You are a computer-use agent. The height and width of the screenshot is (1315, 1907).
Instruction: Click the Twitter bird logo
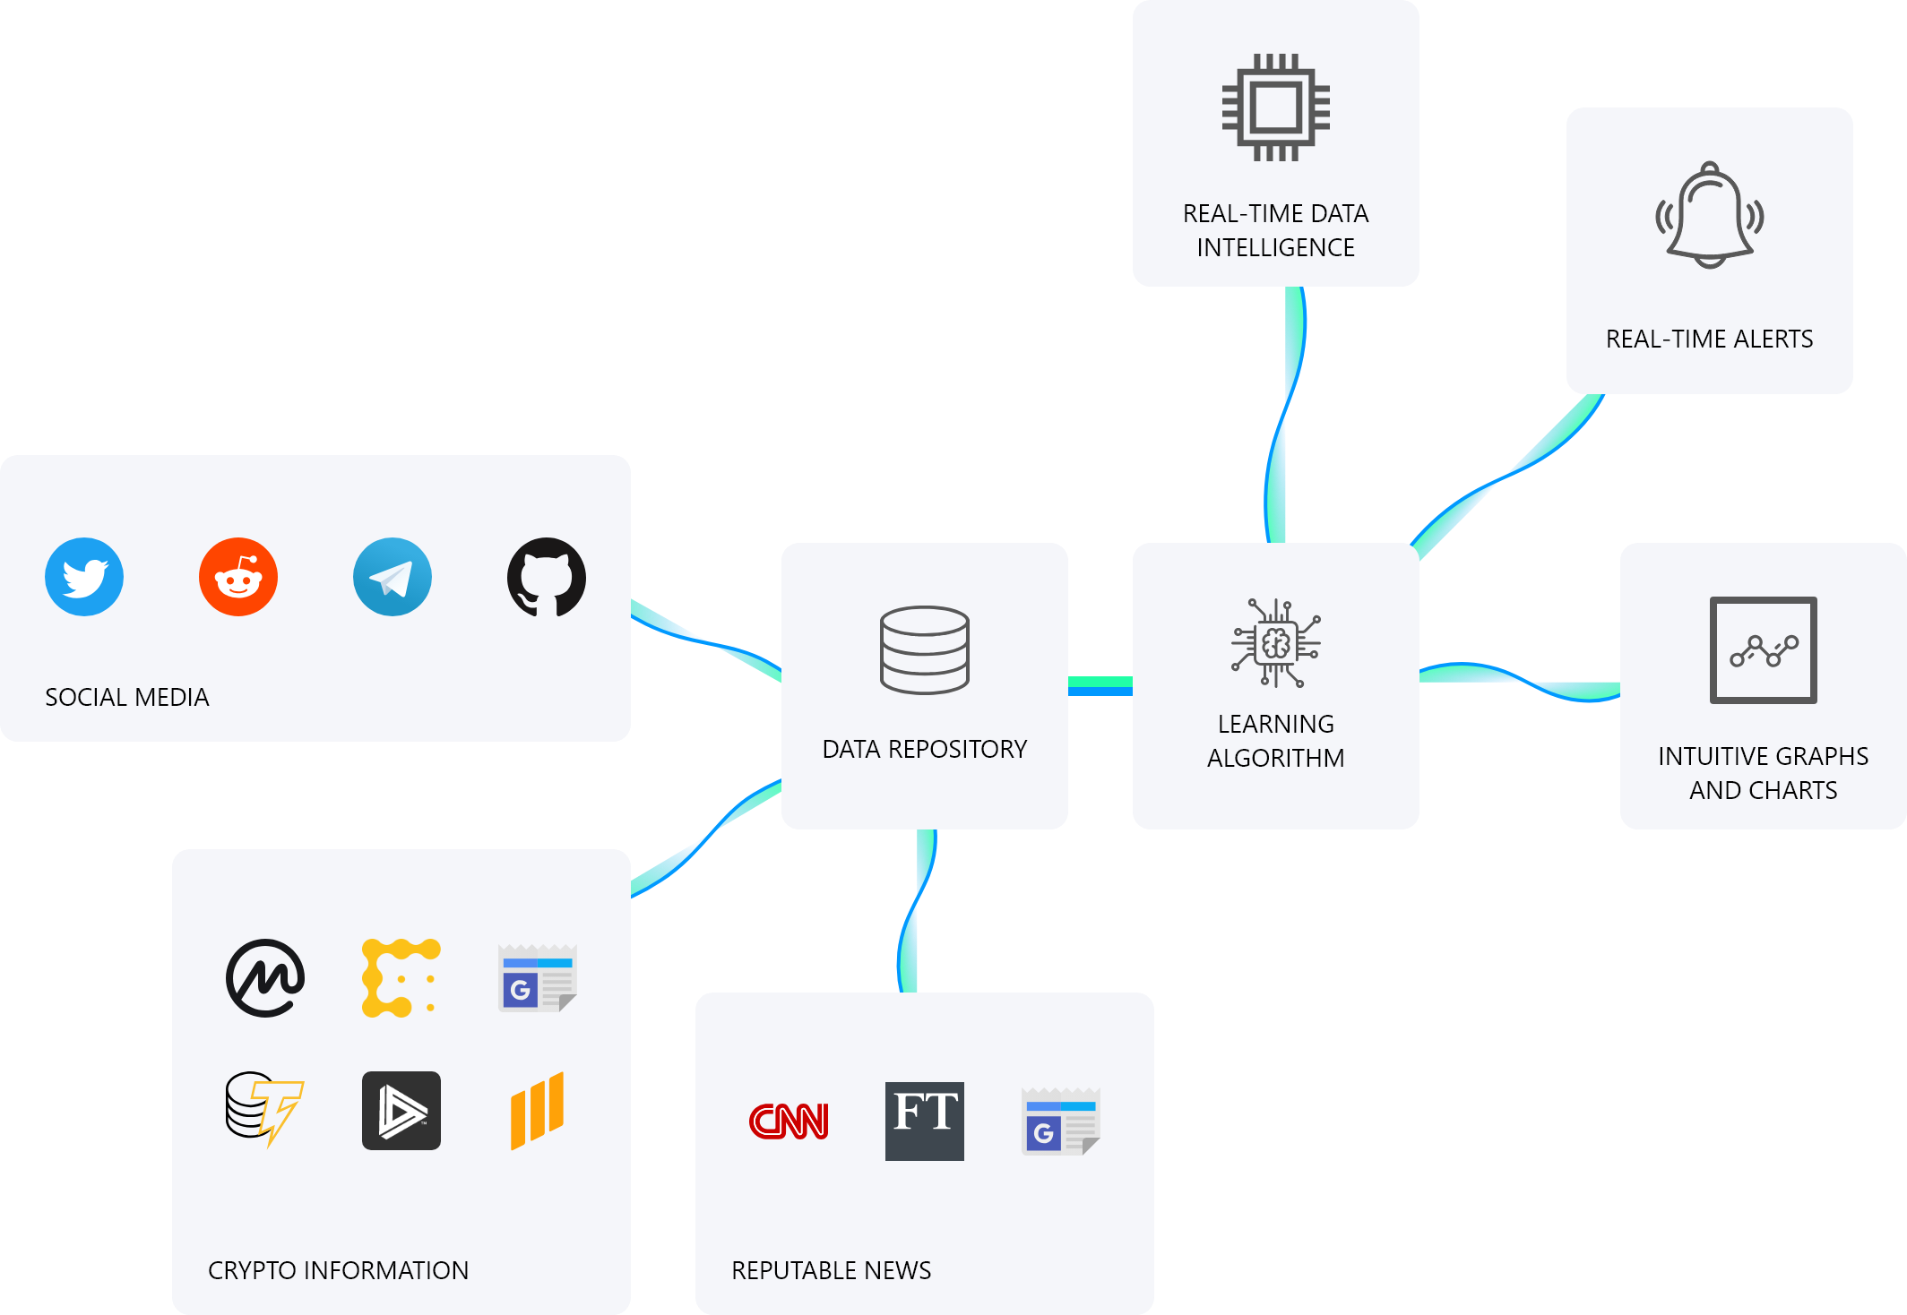[x=84, y=577]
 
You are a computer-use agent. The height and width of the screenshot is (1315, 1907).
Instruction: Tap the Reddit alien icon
[x=238, y=577]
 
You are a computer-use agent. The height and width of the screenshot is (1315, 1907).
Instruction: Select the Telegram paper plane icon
[x=393, y=577]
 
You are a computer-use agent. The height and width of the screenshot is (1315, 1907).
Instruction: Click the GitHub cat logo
[x=547, y=577]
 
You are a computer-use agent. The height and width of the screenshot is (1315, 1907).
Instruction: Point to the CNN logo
[x=789, y=1121]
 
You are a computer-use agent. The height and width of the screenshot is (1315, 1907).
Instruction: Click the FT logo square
[x=925, y=1121]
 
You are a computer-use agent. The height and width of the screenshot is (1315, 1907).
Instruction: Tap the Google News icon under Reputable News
[x=1061, y=1121]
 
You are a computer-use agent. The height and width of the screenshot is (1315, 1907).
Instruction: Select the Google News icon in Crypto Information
[x=538, y=977]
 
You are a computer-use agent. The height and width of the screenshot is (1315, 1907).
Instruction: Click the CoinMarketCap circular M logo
[x=265, y=978]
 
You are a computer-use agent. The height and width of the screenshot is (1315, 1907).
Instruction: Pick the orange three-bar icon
[x=538, y=1111]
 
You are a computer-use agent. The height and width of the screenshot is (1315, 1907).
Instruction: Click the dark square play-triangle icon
[x=401, y=1111]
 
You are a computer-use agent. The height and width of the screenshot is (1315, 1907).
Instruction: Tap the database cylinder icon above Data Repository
[x=925, y=650]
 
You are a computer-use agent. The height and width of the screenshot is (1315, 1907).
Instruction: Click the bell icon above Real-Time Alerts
[x=1710, y=215]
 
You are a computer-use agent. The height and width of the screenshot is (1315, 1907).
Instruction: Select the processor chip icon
[x=1276, y=107]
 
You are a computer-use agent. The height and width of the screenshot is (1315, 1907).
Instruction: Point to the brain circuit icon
[x=1276, y=643]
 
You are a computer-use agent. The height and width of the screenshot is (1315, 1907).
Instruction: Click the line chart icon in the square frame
[x=1764, y=650]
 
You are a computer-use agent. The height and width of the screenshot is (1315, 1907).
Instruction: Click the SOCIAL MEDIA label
[x=127, y=697]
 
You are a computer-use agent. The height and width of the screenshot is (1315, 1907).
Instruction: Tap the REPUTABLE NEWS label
[x=832, y=1270]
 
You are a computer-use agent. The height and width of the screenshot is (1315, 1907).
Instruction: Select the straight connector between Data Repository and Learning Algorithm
[x=1100, y=686]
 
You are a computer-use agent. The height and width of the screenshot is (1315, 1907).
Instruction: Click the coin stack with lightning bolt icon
[x=265, y=1110]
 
